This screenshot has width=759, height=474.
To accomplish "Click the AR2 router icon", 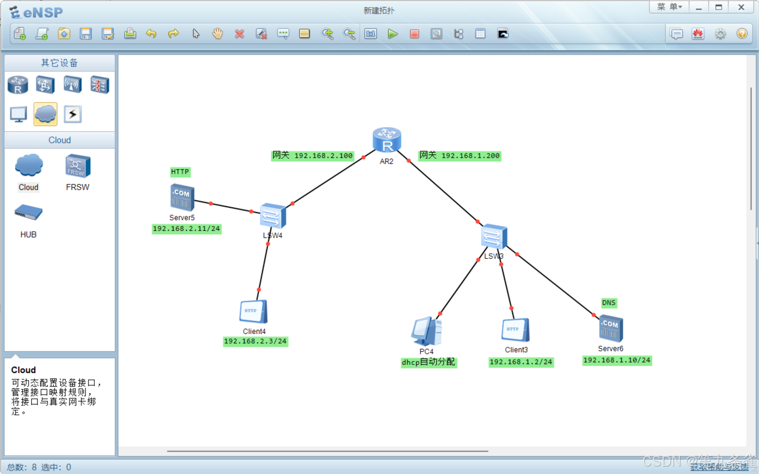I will (x=387, y=140).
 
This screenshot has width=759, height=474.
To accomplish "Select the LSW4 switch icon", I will (x=273, y=216).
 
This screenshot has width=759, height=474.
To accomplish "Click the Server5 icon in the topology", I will (x=182, y=197).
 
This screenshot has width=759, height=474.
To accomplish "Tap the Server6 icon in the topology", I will (x=611, y=328).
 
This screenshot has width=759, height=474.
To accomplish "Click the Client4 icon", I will (x=253, y=312).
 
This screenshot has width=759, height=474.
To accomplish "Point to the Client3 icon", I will (x=515, y=330).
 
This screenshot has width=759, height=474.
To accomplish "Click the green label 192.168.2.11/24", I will (x=186, y=229).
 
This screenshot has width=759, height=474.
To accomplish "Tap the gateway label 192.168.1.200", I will (x=460, y=156).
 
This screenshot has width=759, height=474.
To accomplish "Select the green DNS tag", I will (x=609, y=303).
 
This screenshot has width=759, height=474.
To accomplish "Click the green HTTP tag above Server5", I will (x=180, y=172).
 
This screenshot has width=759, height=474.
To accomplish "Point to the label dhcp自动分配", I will (x=429, y=362).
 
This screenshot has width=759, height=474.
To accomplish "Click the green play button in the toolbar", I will (x=393, y=34).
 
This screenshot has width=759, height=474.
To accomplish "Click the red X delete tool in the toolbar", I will (x=239, y=34).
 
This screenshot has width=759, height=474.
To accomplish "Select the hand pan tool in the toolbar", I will (x=217, y=34).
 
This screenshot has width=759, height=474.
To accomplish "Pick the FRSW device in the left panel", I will (x=77, y=167).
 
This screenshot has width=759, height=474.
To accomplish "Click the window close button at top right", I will (x=741, y=8).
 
